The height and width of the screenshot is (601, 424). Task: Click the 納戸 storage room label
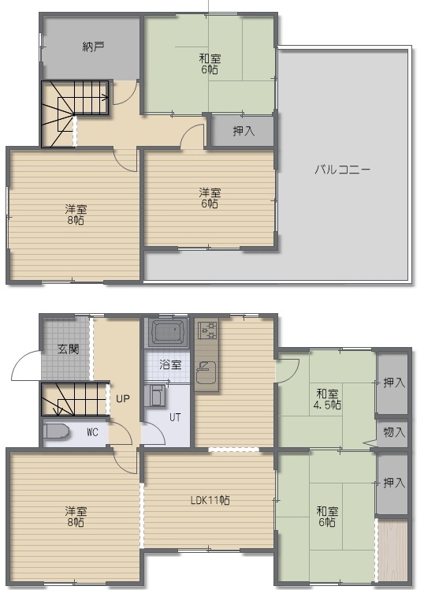pos(94,47)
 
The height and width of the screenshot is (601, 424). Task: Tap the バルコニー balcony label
pos(342,169)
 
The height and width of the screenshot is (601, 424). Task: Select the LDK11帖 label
pos(210,500)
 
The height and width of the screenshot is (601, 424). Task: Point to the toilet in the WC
pos(56,431)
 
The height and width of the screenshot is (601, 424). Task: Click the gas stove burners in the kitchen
pos(207,330)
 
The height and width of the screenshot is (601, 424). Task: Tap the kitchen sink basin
pos(206,372)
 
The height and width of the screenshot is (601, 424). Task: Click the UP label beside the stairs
pos(123,398)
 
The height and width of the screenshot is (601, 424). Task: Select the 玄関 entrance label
pos(69,349)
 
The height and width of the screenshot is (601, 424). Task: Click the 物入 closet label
pos(394,432)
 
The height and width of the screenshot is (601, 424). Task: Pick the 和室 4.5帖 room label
pos(327,399)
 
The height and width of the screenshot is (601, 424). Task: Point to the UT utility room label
pos(175,417)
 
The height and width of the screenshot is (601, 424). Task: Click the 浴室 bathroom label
pos(170,364)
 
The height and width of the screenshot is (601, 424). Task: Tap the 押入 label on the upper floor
pos(244,131)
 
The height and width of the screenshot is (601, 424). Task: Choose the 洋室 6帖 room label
pos(210,198)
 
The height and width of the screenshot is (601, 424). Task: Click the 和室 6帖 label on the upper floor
pos(210,64)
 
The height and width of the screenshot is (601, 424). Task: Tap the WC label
pos(92,432)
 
